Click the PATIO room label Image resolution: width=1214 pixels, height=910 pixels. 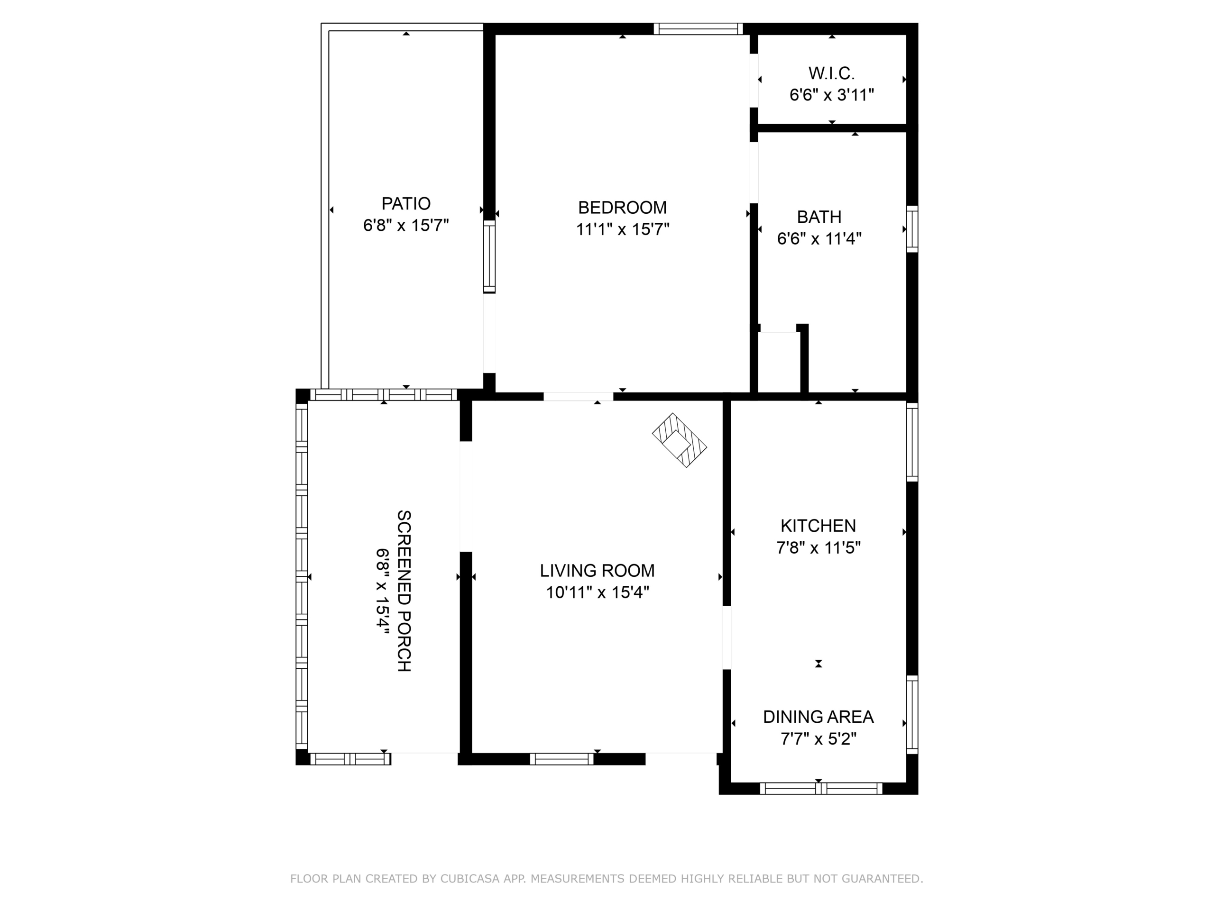(406, 203)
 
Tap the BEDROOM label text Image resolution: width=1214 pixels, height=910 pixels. (622, 207)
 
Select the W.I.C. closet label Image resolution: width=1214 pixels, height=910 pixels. (831, 73)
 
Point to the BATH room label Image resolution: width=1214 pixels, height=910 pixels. (819, 217)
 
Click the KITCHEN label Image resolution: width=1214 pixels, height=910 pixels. (819, 526)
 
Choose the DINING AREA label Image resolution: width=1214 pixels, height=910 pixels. (819, 716)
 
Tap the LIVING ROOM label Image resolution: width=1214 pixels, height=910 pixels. (597, 571)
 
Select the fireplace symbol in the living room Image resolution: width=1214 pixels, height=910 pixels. (680, 440)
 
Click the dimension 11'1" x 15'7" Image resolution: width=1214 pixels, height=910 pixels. (622, 229)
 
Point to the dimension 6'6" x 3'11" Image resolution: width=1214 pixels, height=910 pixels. (831, 95)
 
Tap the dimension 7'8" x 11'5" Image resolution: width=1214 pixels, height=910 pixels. (819, 548)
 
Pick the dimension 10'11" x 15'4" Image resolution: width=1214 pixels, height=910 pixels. (597, 592)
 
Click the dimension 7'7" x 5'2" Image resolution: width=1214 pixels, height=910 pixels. (819, 739)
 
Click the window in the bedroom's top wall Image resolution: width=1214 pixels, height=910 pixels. (698, 28)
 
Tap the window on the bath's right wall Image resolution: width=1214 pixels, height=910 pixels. (911, 229)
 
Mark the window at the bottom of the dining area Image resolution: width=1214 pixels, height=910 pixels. (821, 788)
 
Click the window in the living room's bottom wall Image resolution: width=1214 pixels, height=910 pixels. (561, 759)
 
